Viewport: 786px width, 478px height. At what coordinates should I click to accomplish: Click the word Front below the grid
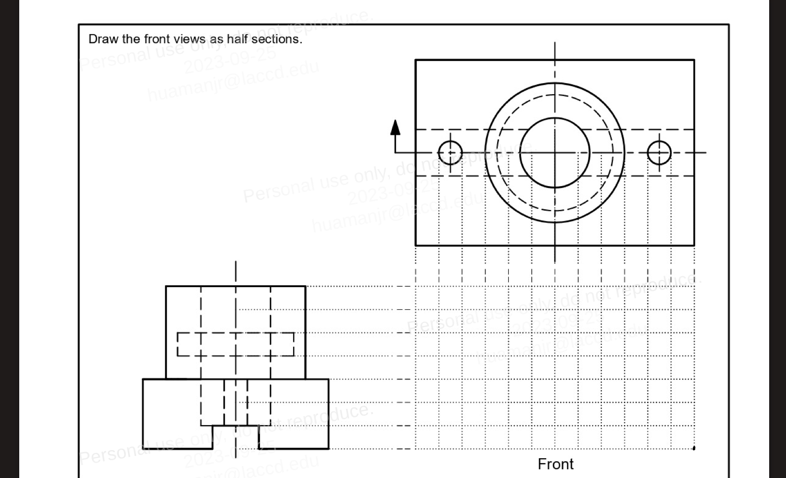pos(555,464)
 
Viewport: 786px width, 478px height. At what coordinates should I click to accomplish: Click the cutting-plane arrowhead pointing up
pos(395,127)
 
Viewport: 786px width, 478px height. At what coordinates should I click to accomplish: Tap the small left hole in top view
pos(450,153)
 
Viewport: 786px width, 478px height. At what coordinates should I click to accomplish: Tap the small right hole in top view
pos(659,153)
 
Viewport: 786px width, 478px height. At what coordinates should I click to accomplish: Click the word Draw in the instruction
pos(103,39)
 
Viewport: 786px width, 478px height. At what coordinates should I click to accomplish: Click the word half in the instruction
pos(237,39)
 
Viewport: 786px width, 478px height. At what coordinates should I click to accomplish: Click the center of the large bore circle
pos(555,153)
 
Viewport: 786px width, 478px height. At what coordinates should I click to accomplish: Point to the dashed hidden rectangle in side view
pos(236,344)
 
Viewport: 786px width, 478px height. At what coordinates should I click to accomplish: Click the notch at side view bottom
pos(236,437)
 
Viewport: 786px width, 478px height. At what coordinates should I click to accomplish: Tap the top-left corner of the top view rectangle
pos(415,60)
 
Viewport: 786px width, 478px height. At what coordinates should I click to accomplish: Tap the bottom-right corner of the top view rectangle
pos(694,245)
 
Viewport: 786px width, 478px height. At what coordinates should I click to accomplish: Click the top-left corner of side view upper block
pos(166,287)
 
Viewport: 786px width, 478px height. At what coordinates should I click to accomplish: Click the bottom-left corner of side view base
pos(143,449)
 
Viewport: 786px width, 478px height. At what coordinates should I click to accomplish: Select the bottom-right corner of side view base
pos(329,449)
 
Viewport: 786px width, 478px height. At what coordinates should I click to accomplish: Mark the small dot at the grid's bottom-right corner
pos(694,448)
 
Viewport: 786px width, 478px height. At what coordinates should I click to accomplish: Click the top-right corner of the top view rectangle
pos(694,60)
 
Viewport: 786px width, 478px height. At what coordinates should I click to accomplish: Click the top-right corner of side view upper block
pos(305,287)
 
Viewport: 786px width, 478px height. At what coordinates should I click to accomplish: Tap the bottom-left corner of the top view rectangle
pos(415,245)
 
